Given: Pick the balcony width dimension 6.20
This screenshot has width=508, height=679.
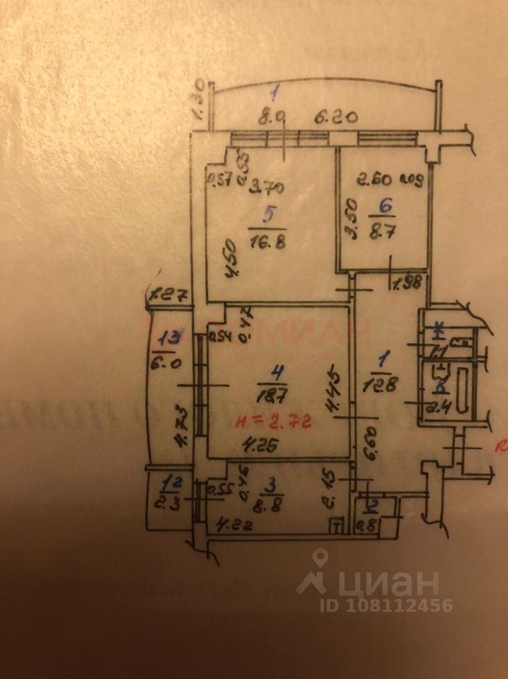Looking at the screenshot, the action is [x=333, y=119].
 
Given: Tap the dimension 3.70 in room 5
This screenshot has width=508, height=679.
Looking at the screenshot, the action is [x=267, y=188].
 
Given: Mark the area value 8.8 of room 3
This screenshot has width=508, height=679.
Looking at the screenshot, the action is [x=267, y=506].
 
